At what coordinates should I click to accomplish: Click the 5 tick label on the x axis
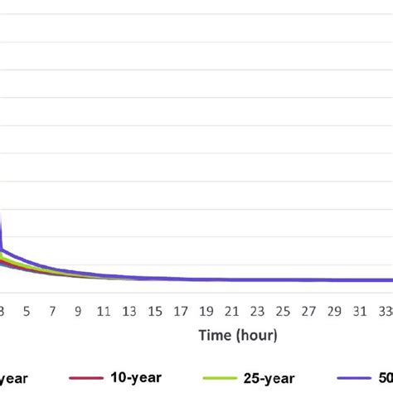27,312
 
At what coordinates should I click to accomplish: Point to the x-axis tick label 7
52,312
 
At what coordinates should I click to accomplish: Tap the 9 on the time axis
78,312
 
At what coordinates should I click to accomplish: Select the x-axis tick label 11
104,312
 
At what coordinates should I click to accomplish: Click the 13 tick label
129,312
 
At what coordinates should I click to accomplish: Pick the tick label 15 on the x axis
155,312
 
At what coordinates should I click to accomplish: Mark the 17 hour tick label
181,312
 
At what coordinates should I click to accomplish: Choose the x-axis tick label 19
206,312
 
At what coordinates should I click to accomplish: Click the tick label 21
232,312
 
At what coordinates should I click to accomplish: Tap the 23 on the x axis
258,312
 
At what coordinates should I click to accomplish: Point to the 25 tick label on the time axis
284,312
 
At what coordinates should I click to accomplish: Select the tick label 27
309,312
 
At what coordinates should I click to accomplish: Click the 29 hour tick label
335,312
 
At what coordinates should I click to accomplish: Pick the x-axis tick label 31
361,312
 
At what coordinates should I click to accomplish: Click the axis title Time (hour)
237,336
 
